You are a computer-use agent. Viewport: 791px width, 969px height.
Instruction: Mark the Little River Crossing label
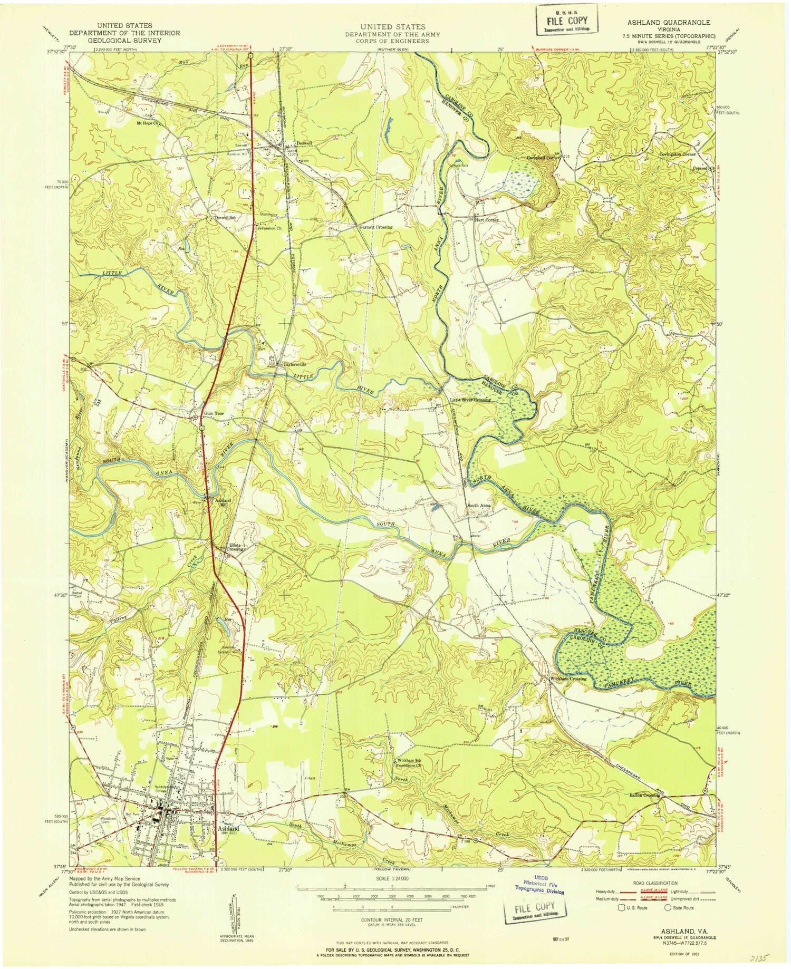470,400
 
